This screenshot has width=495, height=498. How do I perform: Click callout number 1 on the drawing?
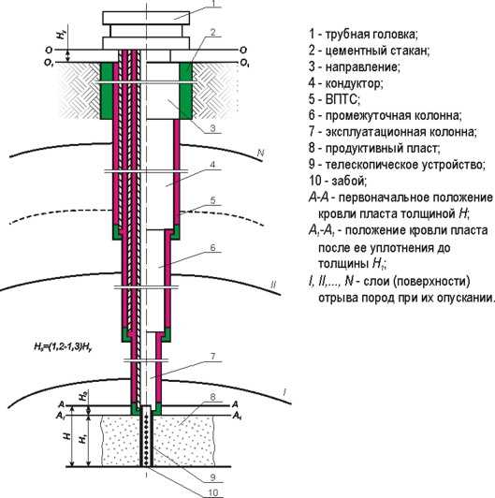(212, 6)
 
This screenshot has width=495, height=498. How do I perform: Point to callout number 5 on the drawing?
(213, 200)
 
